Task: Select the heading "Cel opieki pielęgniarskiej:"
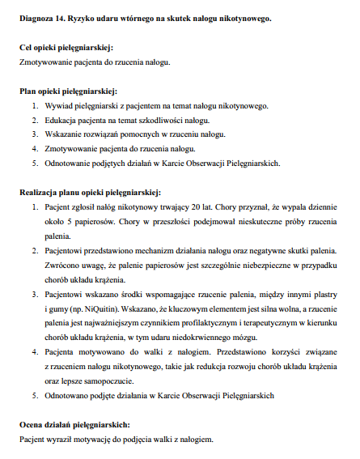[x=66, y=49]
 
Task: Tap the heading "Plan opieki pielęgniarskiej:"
[x=69, y=91]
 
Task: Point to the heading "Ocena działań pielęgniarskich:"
[x=74, y=423]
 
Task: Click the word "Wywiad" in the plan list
[x=60, y=105]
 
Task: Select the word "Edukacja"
[x=62, y=120]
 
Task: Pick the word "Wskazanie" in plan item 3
[x=64, y=134]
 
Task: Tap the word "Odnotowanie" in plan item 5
[x=69, y=163]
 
